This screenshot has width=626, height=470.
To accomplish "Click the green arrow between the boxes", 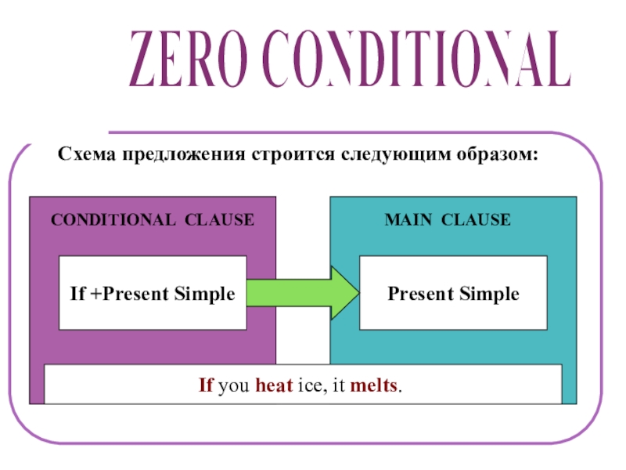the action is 303,293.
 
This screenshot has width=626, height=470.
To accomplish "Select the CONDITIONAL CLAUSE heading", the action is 153,220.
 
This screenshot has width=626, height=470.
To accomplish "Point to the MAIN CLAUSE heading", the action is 448,220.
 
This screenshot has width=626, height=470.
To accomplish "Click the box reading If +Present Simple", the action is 153,295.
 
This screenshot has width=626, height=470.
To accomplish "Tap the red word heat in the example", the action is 275,386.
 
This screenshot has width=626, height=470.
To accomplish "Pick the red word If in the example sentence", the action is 207,386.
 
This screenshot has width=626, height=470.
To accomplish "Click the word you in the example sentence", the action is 235,387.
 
